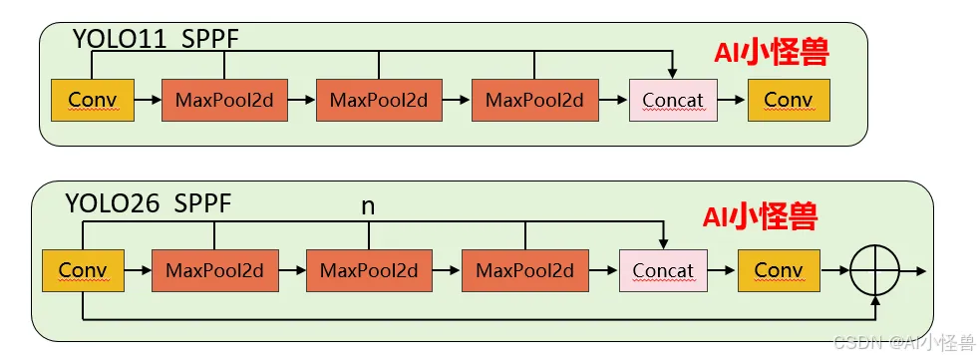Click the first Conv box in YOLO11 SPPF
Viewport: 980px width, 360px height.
(x=93, y=100)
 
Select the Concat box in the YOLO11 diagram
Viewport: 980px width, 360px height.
(x=673, y=100)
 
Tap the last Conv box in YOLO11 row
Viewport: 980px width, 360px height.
(x=789, y=100)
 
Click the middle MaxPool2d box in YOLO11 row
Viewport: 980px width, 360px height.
(x=380, y=100)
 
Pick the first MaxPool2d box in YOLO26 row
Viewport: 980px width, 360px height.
(x=215, y=270)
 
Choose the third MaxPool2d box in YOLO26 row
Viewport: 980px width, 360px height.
(x=525, y=270)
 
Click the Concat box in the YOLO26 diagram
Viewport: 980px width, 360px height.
(x=663, y=270)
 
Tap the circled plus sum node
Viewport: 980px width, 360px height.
(x=875, y=270)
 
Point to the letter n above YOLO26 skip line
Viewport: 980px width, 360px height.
(x=368, y=206)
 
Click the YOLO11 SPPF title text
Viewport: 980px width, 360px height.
(x=157, y=39)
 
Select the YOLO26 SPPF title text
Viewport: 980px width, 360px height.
(x=149, y=203)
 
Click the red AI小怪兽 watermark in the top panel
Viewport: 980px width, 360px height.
(x=772, y=53)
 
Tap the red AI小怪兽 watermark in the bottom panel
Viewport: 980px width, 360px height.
(x=761, y=216)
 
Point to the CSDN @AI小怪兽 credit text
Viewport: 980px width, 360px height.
(x=904, y=342)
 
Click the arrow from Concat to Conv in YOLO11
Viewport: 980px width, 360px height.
(x=732, y=100)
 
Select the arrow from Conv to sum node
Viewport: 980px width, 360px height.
(x=835, y=270)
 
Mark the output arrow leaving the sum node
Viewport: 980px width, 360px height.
(x=912, y=270)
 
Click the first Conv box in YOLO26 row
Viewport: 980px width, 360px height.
(x=83, y=270)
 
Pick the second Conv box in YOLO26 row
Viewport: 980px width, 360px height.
(x=779, y=270)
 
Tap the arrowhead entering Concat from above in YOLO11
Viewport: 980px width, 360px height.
(x=673, y=74)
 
